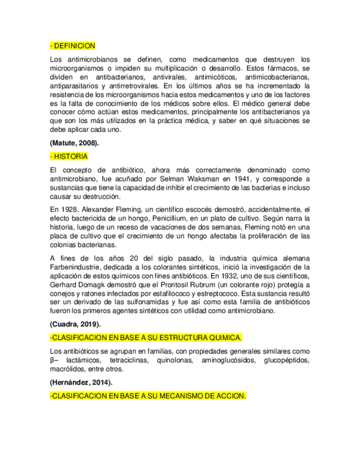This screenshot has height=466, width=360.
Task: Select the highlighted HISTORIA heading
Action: tap(69, 157)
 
